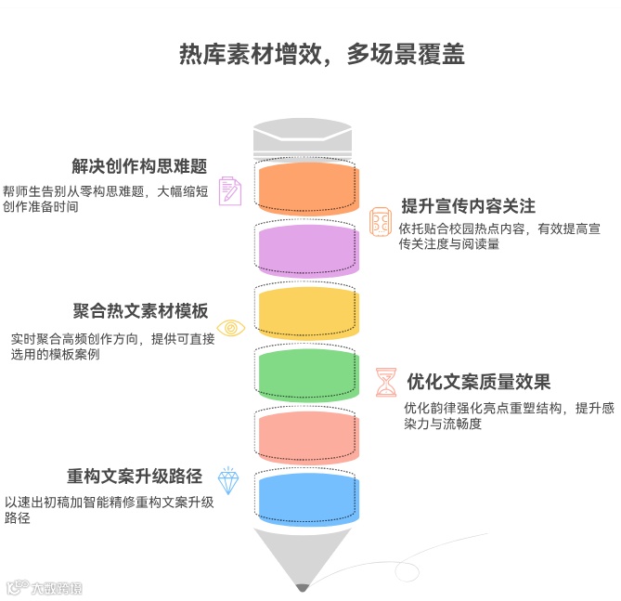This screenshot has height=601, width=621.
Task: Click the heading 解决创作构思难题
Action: click(x=138, y=166)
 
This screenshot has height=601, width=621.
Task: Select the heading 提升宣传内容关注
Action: click(x=469, y=205)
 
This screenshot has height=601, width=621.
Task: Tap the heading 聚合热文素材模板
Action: click(x=140, y=311)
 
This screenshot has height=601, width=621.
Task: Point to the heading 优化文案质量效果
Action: click(x=479, y=382)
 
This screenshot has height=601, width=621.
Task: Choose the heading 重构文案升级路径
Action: click(x=135, y=477)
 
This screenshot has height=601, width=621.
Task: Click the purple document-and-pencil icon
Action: click(x=229, y=190)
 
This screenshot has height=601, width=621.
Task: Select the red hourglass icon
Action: click(x=385, y=382)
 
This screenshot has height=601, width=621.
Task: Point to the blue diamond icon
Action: click(x=227, y=480)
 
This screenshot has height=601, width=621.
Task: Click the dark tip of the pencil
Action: click(x=302, y=586)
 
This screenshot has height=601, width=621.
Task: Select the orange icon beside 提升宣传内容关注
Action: click(x=381, y=221)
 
